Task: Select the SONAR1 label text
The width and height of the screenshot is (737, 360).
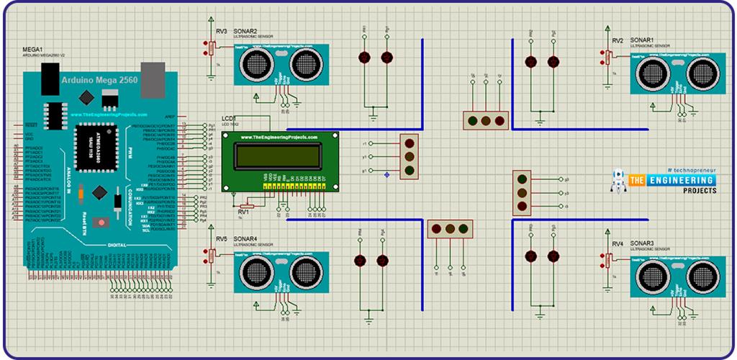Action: (643, 40)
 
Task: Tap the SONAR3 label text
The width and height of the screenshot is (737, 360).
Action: (643, 243)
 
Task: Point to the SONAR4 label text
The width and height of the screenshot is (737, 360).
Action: (247, 238)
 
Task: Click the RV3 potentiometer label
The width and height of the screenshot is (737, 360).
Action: (221, 32)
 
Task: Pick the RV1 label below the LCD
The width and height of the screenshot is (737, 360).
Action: (243, 212)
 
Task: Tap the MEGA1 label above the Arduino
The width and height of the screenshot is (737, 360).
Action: (34, 49)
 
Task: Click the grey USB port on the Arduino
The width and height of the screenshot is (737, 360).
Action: (153, 73)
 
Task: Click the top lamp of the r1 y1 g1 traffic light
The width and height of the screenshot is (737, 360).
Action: (410, 143)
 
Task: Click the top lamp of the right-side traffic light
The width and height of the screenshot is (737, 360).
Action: (522, 179)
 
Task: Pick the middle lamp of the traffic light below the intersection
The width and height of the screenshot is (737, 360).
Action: (451, 230)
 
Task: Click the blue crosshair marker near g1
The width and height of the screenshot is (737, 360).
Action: (388, 175)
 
